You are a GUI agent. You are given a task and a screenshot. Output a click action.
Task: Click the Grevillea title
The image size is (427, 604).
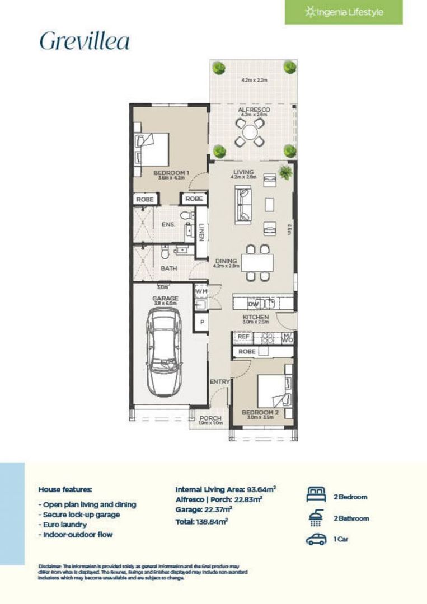coord(85,41)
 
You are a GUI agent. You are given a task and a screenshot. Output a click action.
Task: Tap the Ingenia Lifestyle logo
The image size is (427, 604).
coord(344,12)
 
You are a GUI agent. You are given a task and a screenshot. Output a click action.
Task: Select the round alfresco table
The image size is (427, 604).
coord(250,132)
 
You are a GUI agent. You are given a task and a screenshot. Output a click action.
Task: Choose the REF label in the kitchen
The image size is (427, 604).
coord(243,337)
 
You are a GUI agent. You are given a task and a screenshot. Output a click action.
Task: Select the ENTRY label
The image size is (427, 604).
coord(219,382)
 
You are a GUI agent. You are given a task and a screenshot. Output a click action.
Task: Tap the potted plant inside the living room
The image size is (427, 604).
coord(286,173)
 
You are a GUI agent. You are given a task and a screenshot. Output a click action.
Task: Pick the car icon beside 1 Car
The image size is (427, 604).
coord(316,540)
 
